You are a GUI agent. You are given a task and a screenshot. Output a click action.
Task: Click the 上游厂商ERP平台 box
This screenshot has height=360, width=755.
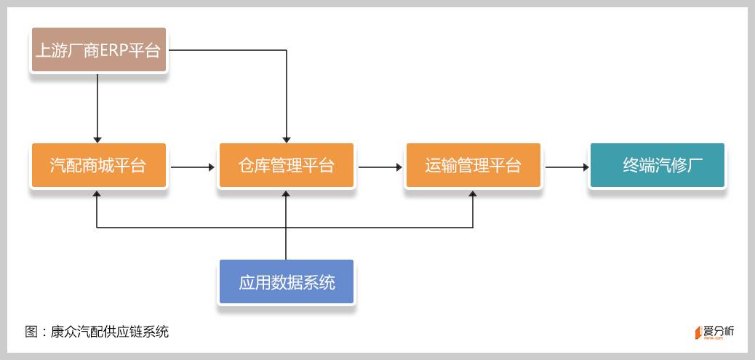(x=99, y=50)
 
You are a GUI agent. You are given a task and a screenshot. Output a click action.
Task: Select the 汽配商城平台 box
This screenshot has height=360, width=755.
(x=99, y=166)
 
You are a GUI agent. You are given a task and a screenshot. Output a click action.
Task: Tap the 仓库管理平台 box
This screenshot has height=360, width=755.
(x=286, y=166)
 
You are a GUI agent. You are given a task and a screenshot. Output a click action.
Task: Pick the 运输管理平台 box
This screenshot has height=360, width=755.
(x=473, y=166)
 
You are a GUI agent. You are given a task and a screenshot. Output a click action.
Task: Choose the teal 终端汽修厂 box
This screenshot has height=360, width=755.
(x=657, y=166)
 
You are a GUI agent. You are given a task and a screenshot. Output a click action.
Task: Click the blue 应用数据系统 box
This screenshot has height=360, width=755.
(x=286, y=281)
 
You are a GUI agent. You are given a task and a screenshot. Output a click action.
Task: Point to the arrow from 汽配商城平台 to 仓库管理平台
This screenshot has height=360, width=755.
(x=193, y=167)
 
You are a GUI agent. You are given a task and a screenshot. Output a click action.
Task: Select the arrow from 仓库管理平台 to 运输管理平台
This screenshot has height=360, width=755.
(x=380, y=167)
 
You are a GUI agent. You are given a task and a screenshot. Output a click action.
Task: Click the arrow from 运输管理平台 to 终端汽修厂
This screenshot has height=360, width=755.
(x=567, y=167)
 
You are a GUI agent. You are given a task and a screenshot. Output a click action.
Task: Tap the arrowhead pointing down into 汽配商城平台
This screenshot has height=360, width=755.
(x=97, y=138)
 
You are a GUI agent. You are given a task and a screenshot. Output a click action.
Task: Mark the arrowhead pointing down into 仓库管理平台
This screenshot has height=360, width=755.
(x=287, y=138)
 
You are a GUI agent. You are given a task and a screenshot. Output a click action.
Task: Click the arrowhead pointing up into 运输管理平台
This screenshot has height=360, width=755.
(x=473, y=195)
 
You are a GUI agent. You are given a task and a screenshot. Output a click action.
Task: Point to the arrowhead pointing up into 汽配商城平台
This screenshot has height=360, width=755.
(x=97, y=195)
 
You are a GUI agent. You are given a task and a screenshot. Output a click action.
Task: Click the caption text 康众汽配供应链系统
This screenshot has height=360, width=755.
(x=110, y=332)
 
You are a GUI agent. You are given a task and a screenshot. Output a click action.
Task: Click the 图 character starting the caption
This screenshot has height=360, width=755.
(x=32, y=332)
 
